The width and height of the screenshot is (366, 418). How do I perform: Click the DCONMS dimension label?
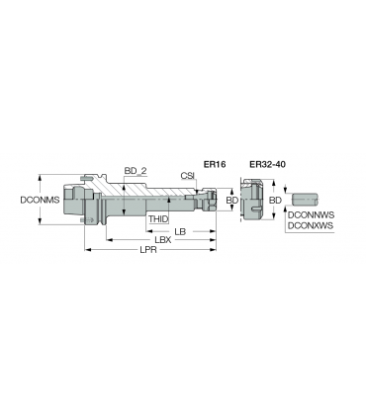click(40, 200)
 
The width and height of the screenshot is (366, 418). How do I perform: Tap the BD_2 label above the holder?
click(136, 171)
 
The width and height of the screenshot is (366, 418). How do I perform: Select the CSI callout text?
click(188, 176)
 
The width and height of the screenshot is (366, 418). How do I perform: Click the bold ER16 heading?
click(215, 164)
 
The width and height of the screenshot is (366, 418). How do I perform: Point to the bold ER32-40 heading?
click(267, 164)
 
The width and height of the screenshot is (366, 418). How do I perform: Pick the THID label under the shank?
click(158, 219)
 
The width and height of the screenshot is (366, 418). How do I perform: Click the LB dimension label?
click(180, 231)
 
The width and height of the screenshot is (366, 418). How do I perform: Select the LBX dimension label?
click(163, 240)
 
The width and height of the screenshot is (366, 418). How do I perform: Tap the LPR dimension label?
click(148, 250)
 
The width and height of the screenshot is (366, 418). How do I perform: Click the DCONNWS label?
click(312, 215)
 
